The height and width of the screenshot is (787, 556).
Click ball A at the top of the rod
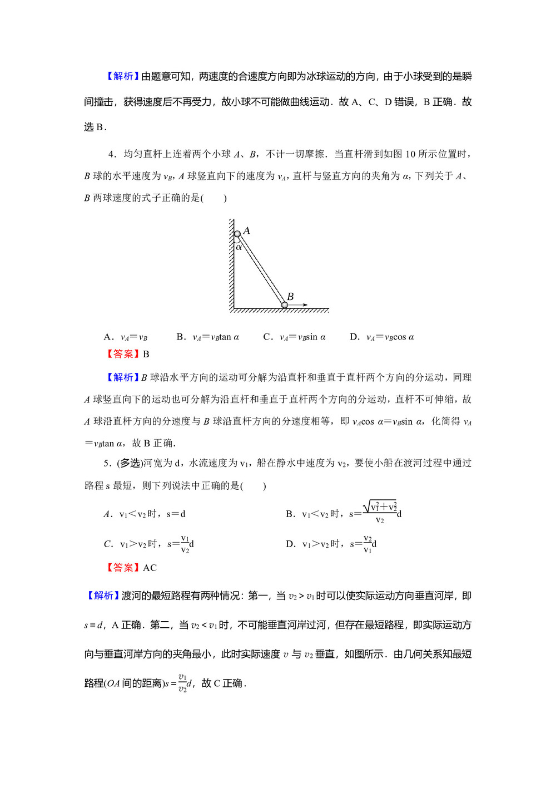pos(237,234)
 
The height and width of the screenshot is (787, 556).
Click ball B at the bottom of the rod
pos(284,305)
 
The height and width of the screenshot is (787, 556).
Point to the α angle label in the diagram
pos(239,247)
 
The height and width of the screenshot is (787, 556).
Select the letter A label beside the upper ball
pos(247,230)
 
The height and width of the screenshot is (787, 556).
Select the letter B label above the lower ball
pos(290,297)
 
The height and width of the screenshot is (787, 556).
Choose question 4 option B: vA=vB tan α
pos(208,337)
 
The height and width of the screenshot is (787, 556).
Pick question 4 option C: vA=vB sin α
pos(295,337)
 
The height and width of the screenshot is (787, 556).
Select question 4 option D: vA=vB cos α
pos(382,337)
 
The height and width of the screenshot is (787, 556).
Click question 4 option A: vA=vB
pos(126,337)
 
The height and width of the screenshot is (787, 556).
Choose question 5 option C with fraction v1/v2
pos(149,544)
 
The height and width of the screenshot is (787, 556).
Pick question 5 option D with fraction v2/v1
pos(331,544)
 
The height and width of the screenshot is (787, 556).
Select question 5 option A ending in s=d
pos(145,514)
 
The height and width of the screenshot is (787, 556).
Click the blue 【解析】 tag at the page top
pos(122,76)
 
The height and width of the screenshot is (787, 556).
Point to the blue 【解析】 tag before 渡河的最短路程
pos(103,596)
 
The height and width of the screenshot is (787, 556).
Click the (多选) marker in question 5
pos(130,463)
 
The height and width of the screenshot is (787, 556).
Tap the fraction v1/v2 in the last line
pos(182,683)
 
